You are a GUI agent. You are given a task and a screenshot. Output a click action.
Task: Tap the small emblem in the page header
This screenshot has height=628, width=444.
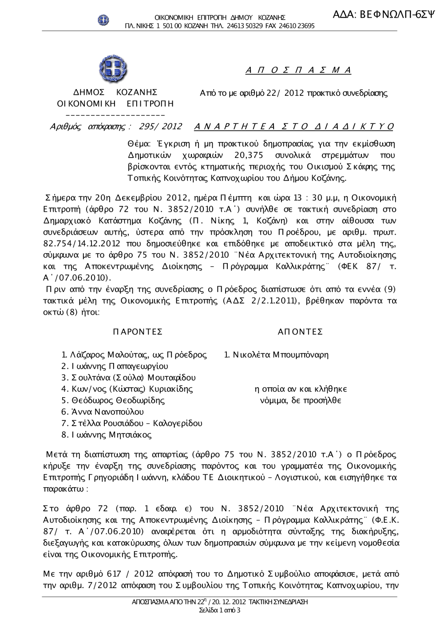(x=103, y=20)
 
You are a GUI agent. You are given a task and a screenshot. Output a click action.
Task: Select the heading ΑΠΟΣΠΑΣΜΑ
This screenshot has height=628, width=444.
(x=298, y=70)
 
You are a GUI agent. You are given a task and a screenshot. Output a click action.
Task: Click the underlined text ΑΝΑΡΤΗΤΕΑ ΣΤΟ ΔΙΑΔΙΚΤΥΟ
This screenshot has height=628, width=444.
(x=294, y=126)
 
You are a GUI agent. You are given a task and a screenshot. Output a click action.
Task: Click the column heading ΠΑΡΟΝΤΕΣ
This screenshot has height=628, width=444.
(x=138, y=332)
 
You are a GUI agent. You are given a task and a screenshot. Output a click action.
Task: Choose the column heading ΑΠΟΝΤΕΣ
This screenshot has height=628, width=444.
(x=300, y=332)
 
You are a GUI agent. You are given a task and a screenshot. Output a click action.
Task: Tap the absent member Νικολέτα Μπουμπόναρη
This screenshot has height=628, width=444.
(x=281, y=355)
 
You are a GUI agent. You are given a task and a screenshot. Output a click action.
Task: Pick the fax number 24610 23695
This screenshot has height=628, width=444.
(x=296, y=26)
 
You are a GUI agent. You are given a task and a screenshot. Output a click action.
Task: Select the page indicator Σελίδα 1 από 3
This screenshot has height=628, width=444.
(x=220, y=610)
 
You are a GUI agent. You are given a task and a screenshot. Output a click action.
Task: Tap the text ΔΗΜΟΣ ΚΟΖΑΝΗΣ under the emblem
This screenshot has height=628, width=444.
(x=115, y=92)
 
